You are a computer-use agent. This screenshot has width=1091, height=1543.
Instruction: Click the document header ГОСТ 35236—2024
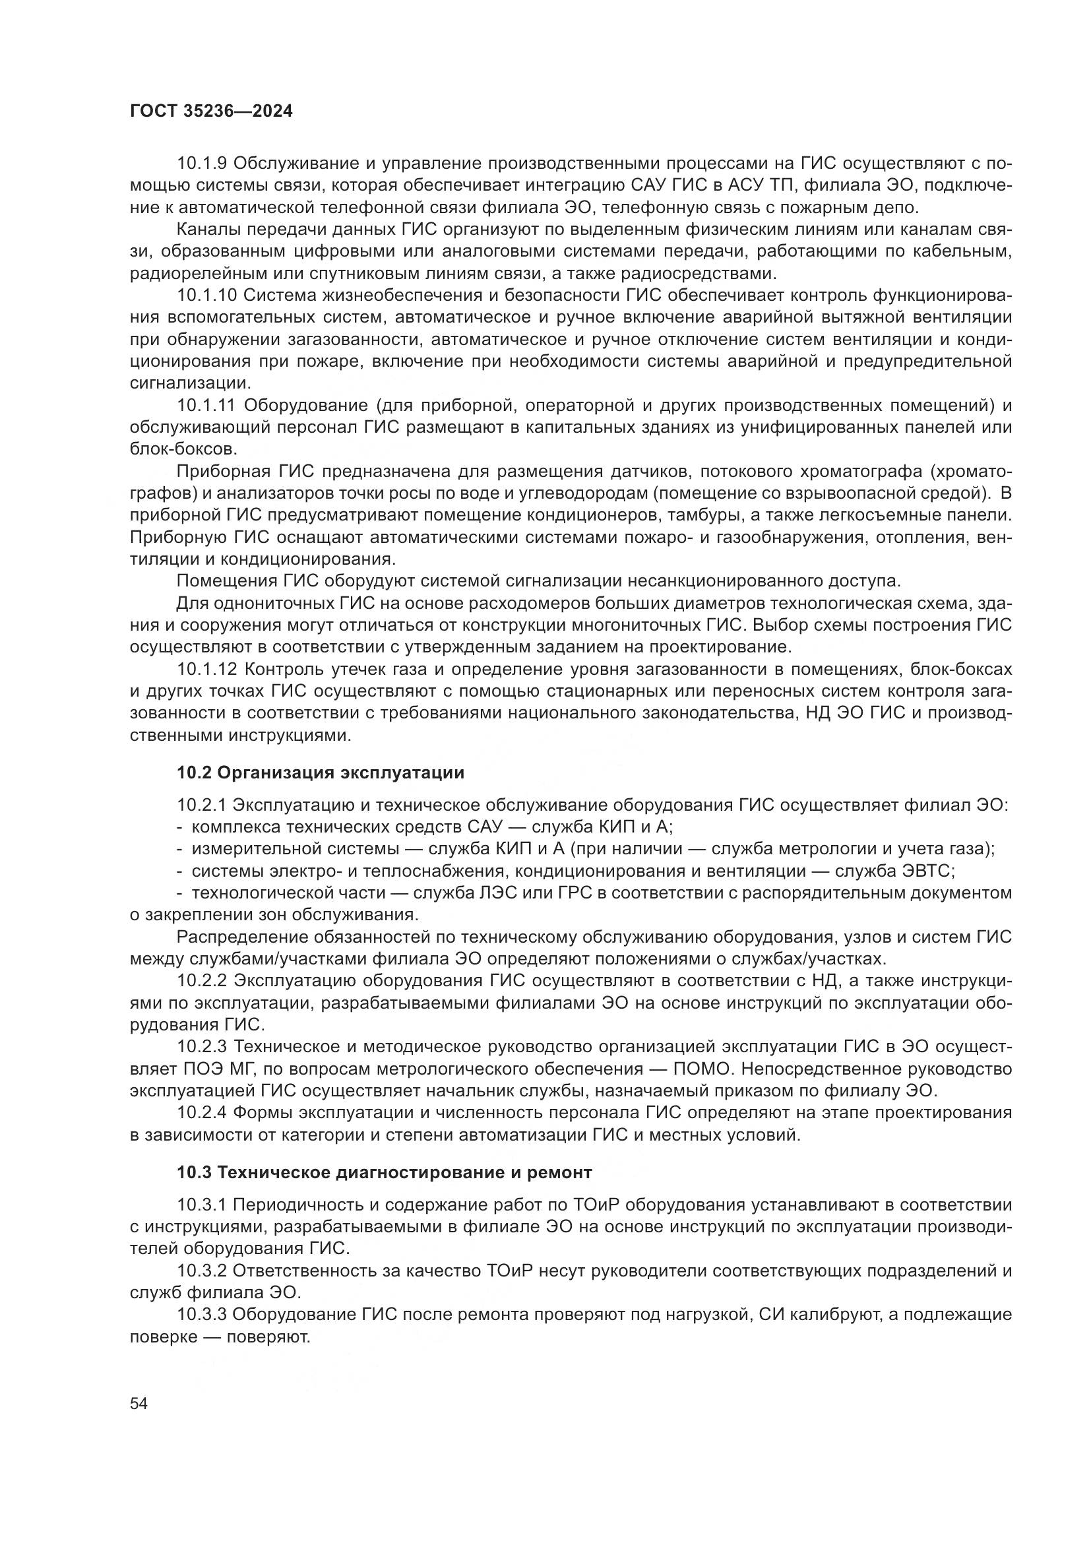[x=211, y=111]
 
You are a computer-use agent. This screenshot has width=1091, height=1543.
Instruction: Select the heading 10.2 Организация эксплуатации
[x=321, y=773]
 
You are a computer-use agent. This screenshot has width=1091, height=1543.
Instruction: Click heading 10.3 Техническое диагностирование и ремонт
[x=385, y=1173]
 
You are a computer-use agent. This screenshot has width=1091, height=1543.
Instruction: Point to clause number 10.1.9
[x=202, y=164]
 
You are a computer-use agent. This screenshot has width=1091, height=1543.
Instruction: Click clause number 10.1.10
[x=207, y=295]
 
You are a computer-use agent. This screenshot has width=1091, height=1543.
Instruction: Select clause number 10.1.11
[x=206, y=405]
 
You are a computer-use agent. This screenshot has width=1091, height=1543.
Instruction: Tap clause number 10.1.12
[x=207, y=670]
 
